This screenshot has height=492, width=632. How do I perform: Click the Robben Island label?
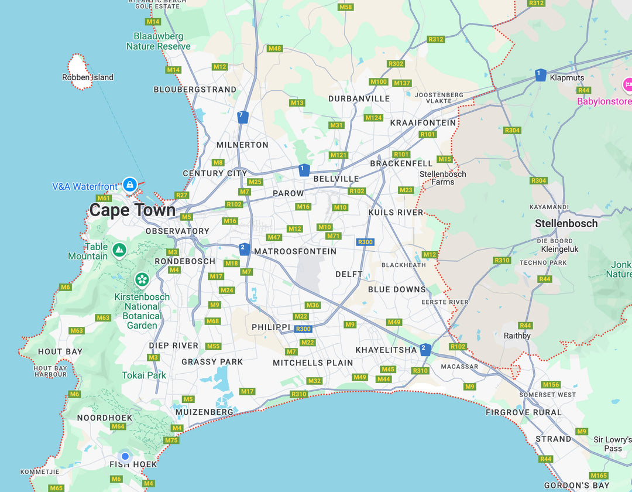[x=88, y=77]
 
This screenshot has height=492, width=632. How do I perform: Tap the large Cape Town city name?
[x=132, y=210]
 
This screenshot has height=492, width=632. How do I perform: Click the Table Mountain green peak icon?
[x=119, y=250]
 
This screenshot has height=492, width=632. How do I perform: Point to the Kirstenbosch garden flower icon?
[x=142, y=279]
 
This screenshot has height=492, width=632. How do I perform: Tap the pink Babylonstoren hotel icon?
[x=628, y=85]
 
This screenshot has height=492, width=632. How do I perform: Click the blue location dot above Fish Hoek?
[x=125, y=456]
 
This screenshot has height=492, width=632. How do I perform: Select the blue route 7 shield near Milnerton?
[x=243, y=117]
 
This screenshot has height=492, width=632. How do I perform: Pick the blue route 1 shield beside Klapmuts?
[x=540, y=74]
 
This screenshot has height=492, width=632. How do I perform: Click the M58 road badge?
[x=345, y=7]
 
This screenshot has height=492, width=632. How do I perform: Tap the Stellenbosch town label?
[x=566, y=223]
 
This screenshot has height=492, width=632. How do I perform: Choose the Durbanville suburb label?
[x=359, y=98]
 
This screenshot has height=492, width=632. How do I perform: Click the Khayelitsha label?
[x=386, y=350]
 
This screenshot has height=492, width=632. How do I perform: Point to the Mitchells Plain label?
[x=312, y=363]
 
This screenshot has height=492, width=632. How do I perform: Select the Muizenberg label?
[x=204, y=412]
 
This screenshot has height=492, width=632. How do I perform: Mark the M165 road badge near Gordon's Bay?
[x=599, y=476]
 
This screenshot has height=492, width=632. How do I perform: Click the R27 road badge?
[x=181, y=195]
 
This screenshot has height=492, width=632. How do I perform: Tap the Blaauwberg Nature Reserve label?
[x=158, y=42]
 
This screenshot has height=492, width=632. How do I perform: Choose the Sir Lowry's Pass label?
[x=613, y=444]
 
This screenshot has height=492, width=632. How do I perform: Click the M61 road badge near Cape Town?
[x=104, y=198]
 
